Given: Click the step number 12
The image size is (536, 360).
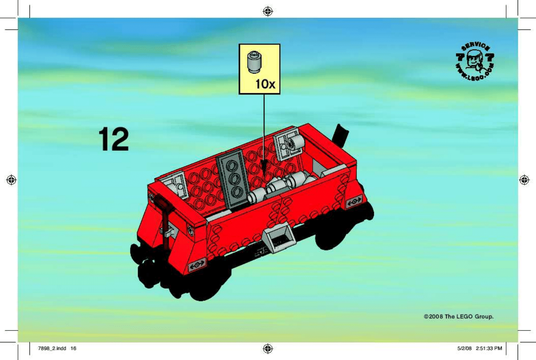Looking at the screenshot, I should click(114, 139).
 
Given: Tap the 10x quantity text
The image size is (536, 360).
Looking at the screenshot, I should click(265, 84).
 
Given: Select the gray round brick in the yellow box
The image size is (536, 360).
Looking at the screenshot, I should click(254, 62).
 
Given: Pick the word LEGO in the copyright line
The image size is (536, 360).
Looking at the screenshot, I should click(464, 317).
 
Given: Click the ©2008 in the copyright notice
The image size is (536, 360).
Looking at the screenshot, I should click(433, 317).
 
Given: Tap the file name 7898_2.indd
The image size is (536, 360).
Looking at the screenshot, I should click(52, 348).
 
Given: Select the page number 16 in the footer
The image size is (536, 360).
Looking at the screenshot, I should click(73, 348).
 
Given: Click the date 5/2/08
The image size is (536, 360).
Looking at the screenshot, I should click(464, 348).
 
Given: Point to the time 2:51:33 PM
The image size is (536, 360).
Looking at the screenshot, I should click(489, 348).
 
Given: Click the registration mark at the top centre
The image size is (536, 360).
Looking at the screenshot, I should click(268, 12).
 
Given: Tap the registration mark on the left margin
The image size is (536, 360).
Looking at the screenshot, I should click(12, 180).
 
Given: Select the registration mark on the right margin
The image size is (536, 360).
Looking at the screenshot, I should click(524, 180).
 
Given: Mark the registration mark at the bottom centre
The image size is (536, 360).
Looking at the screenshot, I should click(268, 348).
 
